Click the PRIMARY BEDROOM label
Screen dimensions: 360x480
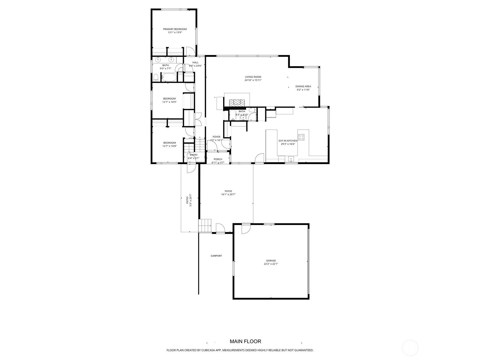click(x=175, y=29)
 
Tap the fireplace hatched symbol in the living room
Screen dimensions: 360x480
click(x=237, y=103)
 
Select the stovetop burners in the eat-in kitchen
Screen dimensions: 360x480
click(x=301, y=137)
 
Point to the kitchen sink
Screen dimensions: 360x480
click(x=291, y=159)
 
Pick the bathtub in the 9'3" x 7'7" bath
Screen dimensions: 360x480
click(x=169, y=78)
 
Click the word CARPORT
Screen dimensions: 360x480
click(x=216, y=256)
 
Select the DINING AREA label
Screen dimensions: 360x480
click(x=303, y=86)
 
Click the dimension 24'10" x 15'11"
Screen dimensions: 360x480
click(x=253, y=80)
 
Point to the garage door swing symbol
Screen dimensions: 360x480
click(x=246, y=229)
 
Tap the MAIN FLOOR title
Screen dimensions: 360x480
click(x=245, y=341)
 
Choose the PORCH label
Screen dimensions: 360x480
click(x=218, y=159)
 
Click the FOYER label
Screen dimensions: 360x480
click(x=216, y=137)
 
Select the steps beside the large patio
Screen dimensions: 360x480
click(x=205, y=226)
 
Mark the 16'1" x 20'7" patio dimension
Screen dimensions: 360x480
click(x=228, y=194)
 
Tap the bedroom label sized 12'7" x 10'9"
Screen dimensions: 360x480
click(x=169, y=99)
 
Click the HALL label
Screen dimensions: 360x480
click(x=195, y=62)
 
